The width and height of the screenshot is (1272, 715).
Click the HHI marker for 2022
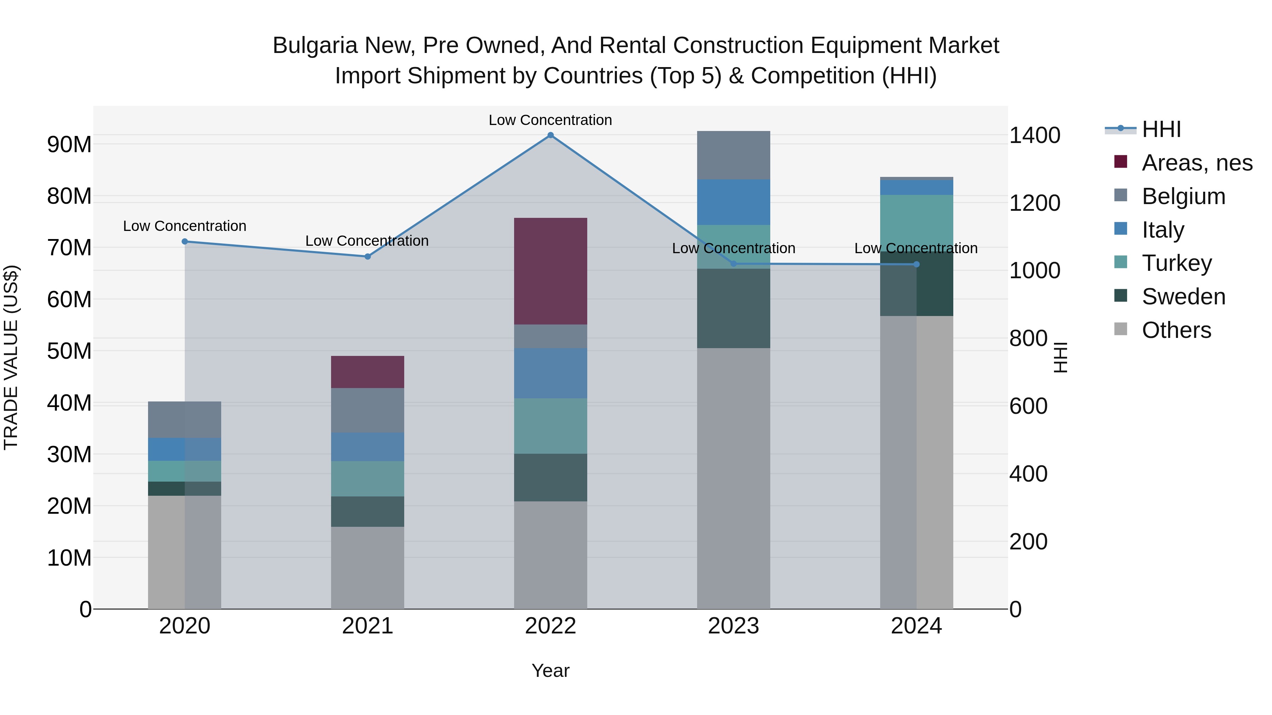550,135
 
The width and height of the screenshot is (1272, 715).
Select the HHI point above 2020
185,241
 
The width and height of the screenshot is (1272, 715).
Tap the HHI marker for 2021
367,257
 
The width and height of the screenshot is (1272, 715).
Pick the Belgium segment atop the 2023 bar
733,155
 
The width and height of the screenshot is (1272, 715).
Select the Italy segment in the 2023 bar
733,202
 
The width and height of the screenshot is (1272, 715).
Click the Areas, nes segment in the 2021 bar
367,372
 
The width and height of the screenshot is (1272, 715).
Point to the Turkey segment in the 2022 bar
550,426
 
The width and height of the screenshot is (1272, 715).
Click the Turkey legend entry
1162,263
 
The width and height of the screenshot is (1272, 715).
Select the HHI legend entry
1143,129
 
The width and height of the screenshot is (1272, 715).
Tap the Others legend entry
1162,330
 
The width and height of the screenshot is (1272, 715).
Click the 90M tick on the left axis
69,144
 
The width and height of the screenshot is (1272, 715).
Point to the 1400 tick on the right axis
1035,135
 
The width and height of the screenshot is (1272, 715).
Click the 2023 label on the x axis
733,626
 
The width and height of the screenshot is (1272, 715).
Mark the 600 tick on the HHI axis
1028,406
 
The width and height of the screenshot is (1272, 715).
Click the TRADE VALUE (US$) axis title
11,357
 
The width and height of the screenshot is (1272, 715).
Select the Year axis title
550,671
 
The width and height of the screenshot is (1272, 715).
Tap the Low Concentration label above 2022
550,120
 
